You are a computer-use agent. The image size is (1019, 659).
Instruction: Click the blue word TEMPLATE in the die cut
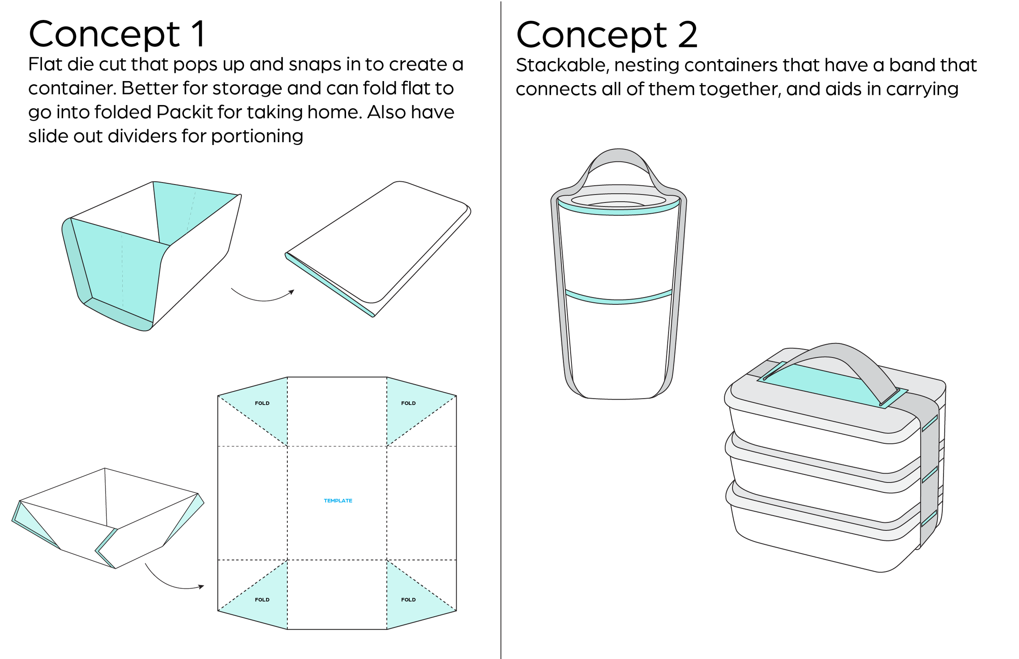[338, 501]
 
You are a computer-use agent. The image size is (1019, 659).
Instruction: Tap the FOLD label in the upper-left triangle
[262, 403]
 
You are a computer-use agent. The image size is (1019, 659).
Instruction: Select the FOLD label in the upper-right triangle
[408, 403]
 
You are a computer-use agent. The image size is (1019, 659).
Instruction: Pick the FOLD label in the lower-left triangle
[262, 600]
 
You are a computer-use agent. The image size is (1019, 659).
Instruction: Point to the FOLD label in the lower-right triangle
[408, 600]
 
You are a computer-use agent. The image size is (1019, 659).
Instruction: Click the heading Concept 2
[606, 35]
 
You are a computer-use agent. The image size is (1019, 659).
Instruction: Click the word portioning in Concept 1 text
[257, 136]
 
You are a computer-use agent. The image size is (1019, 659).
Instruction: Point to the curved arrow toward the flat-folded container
[262, 297]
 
